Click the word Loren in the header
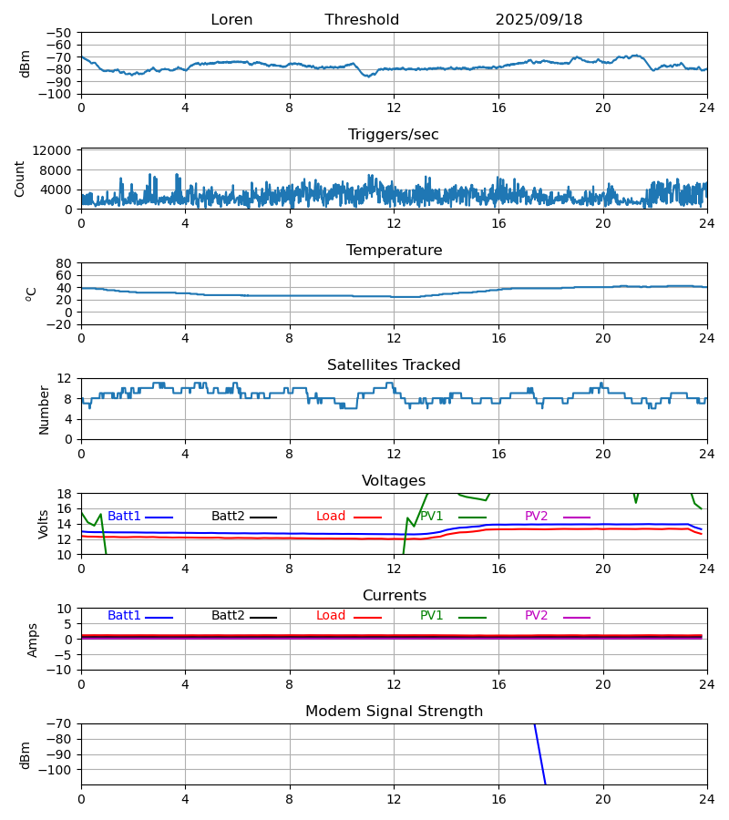[231, 20]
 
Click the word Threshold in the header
[362, 20]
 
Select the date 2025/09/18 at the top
[539, 20]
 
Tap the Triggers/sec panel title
[393, 135]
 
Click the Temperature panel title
[394, 251]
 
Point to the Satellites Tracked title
[394, 365]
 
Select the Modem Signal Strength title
[394, 712]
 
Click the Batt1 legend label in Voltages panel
[124, 517]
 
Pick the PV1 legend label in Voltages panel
[431, 517]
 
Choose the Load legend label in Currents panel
[331, 616]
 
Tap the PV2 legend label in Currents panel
[536, 616]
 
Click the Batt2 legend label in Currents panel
[228, 616]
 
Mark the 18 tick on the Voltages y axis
[65, 494]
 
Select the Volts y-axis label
[44, 524]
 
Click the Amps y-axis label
[34, 640]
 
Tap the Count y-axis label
[20, 179]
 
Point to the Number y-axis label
[44, 409]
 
